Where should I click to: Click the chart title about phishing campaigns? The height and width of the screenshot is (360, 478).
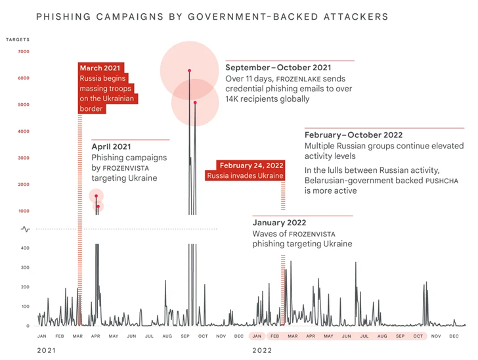click(211, 15)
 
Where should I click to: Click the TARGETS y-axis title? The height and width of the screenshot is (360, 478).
click(18, 39)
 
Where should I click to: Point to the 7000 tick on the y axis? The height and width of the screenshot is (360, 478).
click(24, 52)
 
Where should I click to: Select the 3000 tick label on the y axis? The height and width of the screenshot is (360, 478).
click(24, 158)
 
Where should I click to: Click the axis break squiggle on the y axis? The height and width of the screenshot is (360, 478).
click(25, 229)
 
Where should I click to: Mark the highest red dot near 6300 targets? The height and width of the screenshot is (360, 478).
click(189, 70)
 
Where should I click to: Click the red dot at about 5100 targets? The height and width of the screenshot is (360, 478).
click(195, 102)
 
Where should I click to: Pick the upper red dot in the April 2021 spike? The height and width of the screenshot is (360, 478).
click(96, 196)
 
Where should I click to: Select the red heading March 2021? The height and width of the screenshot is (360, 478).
click(100, 68)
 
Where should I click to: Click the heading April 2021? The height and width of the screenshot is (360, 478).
click(112, 146)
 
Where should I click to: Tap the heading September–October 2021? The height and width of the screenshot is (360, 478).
click(278, 68)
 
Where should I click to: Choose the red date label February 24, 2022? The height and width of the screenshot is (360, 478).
click(251, 165)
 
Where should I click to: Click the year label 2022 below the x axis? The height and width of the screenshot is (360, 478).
click(262, 350)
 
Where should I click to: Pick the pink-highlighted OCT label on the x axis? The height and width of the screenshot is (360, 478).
click(418, 336)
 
